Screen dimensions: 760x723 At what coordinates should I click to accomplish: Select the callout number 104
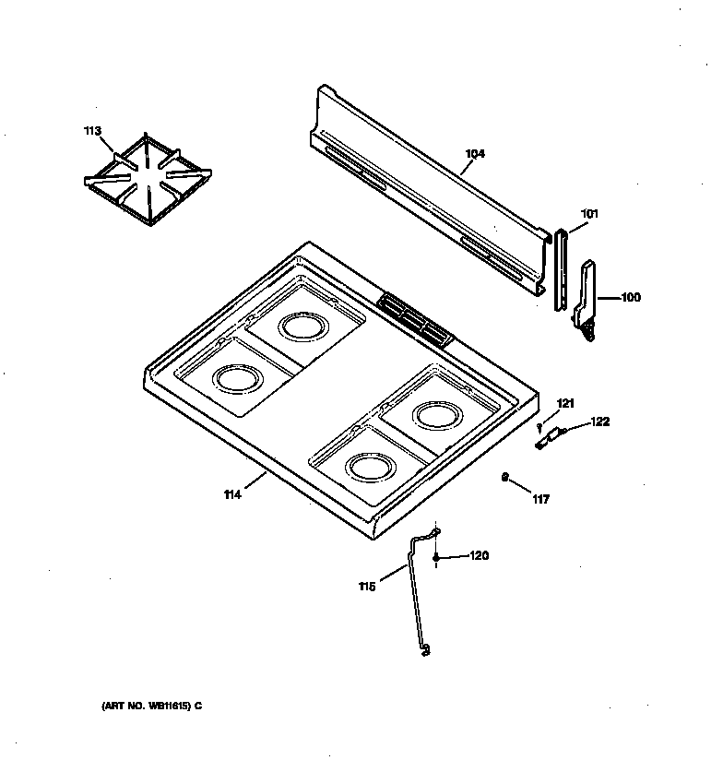pos(475,154)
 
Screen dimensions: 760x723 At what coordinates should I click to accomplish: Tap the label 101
pos(589,214)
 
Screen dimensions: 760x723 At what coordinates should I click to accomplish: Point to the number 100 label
pos(630,297)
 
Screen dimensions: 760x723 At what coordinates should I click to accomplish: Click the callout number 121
pos(565,403)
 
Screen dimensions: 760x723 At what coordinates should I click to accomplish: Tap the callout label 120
pos(479,555)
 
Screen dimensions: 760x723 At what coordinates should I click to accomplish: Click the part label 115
pos(367,587)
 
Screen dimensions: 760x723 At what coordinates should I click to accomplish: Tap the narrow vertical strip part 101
pos(560,272)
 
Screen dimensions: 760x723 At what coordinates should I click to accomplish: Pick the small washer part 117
pos(504,477)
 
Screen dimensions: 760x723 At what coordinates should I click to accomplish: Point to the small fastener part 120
pos(434,558)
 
